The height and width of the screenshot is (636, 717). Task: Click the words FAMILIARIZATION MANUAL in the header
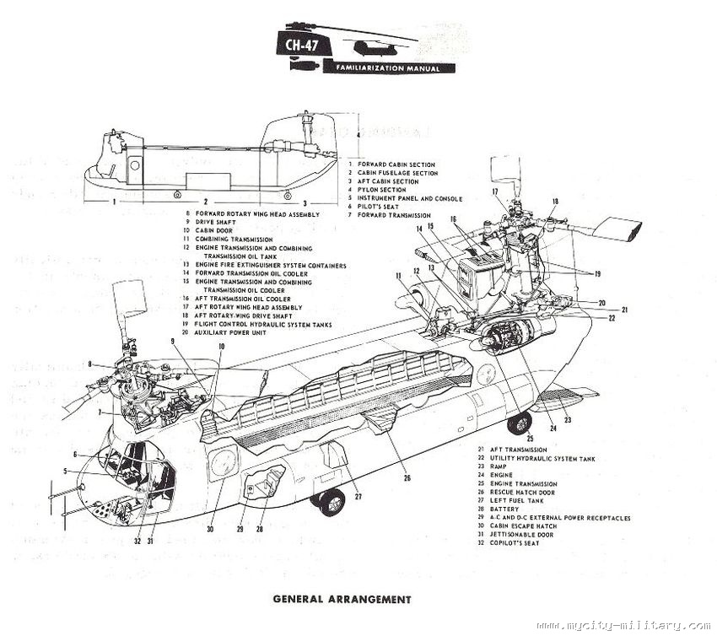387,67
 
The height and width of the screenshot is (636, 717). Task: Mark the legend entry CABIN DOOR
212,231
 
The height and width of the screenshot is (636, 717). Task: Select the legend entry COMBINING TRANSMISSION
236,240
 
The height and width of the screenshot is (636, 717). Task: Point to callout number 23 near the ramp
568,419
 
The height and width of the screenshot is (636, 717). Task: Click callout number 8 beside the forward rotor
90,364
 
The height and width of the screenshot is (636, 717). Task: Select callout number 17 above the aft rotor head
498,192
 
